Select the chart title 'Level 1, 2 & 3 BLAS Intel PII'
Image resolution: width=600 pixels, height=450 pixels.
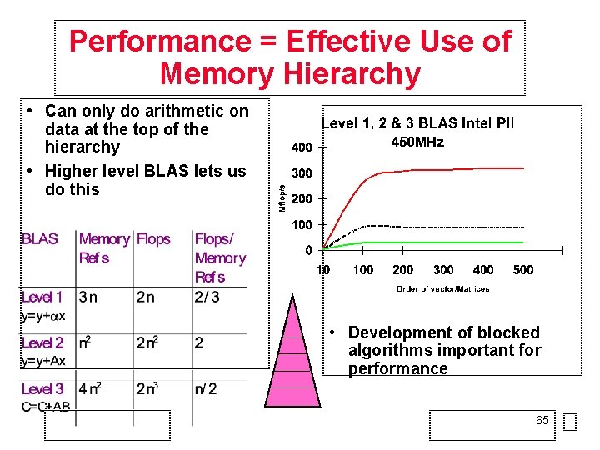click(x=417, y=123)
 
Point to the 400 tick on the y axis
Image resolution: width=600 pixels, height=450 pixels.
click(x=302, y=147)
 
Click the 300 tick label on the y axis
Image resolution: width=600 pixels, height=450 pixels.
click(x=302, y=173)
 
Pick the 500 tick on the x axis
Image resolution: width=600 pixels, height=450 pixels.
click(x=523, y=270)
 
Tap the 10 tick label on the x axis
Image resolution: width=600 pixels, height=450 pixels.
click(x=322, y=270)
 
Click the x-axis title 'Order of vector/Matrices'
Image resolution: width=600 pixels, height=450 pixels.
click(x=442, y=289)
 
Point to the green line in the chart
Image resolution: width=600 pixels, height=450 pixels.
click(x=433, y=242)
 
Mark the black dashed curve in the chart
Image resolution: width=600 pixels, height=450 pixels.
click(x=433, y=227)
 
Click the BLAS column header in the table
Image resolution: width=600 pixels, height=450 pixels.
click(x=40, y=239)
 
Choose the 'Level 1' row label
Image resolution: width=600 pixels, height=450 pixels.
click(x=42, y=297)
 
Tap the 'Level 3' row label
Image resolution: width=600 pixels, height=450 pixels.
click(x=42, y=388)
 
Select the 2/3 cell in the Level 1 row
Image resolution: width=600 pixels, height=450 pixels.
click(x=207, y=297)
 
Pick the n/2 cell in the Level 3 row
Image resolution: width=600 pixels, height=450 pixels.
click(x=206, y=388)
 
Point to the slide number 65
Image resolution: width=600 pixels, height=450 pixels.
click(x=542, y=421)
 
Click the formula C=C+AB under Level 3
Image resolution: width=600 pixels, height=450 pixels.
click(x=47, y=407)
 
